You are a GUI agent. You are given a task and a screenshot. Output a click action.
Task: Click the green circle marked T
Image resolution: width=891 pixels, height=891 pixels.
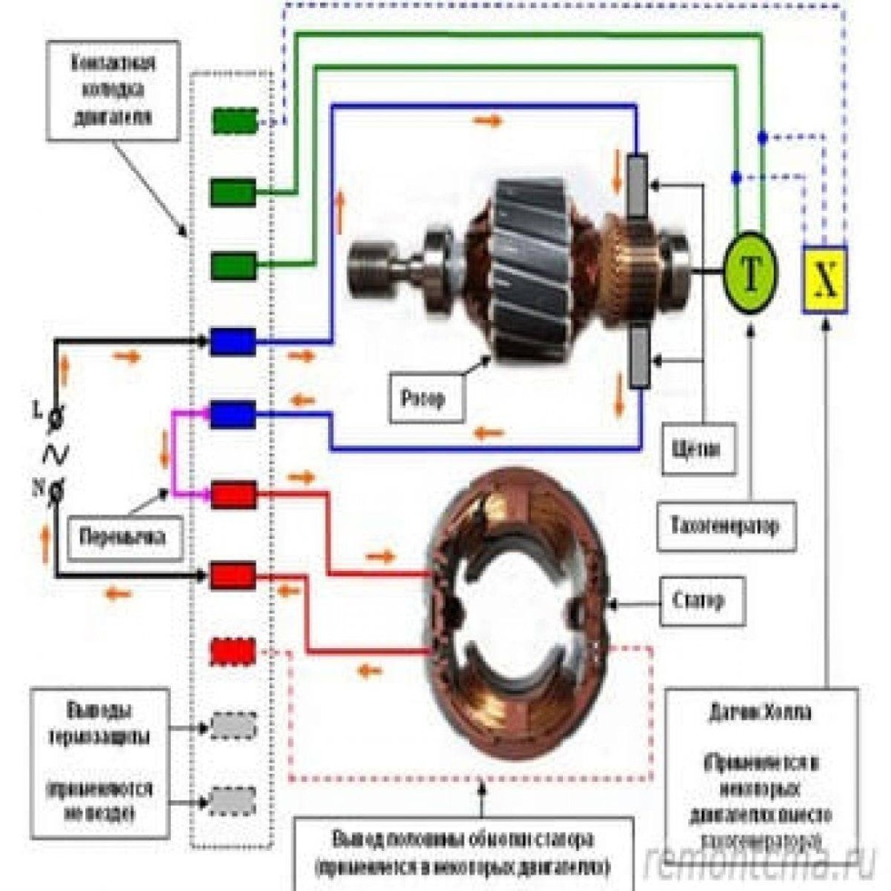(751, 275)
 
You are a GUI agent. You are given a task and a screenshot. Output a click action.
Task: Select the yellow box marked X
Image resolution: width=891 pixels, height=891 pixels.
(825, 280)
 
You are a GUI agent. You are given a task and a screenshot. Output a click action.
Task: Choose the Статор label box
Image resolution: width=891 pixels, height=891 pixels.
(698, 600)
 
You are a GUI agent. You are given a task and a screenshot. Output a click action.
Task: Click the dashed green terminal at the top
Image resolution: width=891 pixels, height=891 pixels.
(235, 121)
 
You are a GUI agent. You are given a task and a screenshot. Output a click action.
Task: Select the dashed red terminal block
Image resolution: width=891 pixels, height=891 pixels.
(234, 651)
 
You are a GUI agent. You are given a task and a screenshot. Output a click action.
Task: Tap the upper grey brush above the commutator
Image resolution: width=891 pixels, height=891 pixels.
(638, 186)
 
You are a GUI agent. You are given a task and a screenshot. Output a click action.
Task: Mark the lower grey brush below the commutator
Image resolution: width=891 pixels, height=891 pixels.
(638, 357)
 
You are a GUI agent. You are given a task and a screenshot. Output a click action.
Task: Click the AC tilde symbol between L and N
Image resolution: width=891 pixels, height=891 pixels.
(55, 453)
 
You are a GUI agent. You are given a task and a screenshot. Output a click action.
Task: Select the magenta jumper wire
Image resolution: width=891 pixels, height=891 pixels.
(174, 455)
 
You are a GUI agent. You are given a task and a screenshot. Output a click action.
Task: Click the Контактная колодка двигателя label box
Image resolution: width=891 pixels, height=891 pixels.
(113, 92)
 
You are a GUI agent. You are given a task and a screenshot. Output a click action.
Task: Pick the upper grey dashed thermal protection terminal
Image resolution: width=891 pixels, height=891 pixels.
(234, 726)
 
